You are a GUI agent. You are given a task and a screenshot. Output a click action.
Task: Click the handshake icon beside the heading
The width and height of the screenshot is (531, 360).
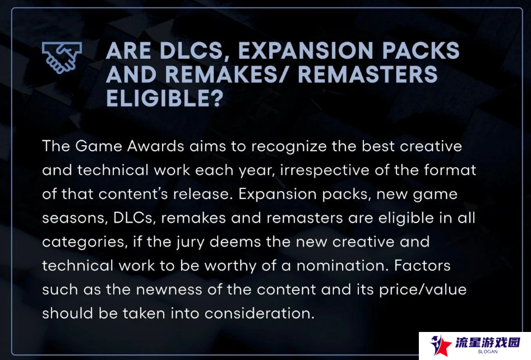pyautogui.click(x=62, y=57)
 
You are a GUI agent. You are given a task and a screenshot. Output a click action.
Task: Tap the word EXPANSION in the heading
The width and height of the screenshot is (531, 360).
pyautogui.click(x=306, y=51)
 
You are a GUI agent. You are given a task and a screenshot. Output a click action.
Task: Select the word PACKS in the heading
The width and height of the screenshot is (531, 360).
pyautogui.click(x=421, y=51)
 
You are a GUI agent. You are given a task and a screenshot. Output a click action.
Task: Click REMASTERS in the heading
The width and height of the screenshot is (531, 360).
pyautogui.click(x=368, y=75)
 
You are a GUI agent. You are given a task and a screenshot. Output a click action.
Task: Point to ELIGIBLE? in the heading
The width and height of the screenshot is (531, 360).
pyautogui.click(x=165, y=98)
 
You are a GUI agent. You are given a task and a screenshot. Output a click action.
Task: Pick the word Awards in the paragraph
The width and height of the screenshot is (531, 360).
pyautogui.click(x=156, y=146)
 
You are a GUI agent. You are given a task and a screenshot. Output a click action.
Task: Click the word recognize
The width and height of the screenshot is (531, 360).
pyautogui.click(x=289, y=147)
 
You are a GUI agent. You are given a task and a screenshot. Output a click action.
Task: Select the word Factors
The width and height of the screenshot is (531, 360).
pyautogui.click(x=422, y=265)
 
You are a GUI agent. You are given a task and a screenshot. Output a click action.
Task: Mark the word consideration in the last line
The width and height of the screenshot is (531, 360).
pyautogui.click(x=260, y=313)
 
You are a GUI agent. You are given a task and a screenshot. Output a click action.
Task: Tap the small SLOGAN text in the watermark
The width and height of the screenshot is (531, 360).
pyautogui.click(x=488, y=352)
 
